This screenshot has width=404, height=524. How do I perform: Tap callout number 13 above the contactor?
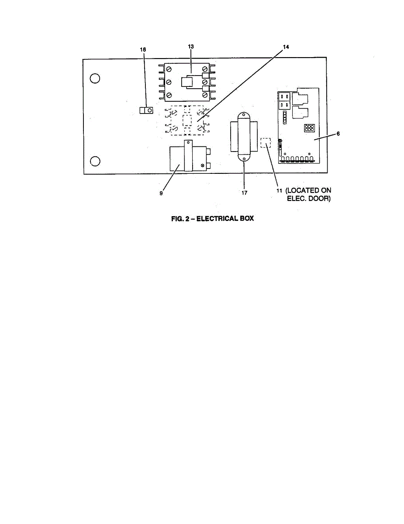(x=190, y=46)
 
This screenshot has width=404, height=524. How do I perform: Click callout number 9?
(x=161, y=192)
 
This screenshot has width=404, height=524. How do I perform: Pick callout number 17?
(x=244, y=192)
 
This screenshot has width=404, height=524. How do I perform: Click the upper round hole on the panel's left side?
(x=95, y=79)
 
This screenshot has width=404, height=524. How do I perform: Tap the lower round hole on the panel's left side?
(x=95, y=161)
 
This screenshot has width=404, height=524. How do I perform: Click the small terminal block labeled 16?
(x=146, y=110)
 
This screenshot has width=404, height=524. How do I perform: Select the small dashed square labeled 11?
(x=266, y=143)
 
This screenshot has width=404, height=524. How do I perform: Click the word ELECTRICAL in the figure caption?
(x=214, y=218)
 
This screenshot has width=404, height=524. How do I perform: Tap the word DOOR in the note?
(x=320, y=199)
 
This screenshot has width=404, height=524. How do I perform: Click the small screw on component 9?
(x=203, y=165)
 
